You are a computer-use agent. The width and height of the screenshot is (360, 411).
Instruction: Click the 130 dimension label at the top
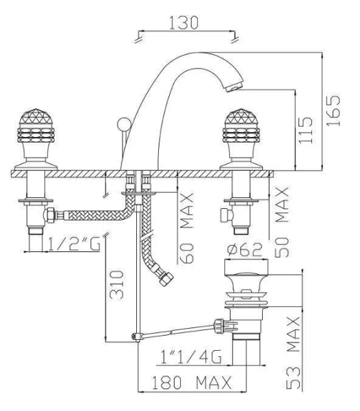point(184,23)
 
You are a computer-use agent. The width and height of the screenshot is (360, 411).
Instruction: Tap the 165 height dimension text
point(333,110)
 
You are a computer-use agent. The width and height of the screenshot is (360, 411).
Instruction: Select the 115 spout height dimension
point(305,130)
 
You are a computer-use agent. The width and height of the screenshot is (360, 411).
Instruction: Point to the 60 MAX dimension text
point(188,228)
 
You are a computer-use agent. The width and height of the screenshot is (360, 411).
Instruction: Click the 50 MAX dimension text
point(282,222)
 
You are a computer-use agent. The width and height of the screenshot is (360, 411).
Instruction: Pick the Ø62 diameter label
point(244,249)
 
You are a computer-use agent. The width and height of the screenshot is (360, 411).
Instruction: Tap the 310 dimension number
point(116,285)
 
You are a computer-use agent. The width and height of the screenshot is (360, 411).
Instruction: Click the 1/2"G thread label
point(75,245)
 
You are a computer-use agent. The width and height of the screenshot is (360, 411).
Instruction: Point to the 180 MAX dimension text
point(192,382)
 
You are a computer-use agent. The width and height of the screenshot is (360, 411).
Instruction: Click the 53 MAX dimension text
point(293,353)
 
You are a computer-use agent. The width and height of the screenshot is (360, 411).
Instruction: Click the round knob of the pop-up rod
point(124,124)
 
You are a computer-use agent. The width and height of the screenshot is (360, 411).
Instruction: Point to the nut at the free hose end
point(166,279)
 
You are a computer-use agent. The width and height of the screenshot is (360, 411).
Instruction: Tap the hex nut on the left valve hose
point(49,216)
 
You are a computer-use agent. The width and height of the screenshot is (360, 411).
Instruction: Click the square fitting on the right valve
point(227,216)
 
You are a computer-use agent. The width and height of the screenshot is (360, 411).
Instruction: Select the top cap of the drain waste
point(246,267)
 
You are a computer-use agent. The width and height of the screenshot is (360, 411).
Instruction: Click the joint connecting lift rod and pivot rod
point(137,336)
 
